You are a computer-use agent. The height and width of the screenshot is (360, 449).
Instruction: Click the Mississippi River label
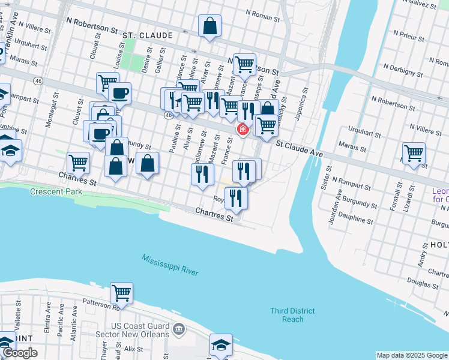click(170, 265)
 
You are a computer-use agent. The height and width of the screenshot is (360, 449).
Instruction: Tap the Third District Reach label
click(292, 315)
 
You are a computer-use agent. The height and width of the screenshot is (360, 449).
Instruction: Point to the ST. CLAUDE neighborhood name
click(148, 36)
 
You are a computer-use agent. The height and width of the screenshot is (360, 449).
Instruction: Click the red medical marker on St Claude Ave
click(243, 129)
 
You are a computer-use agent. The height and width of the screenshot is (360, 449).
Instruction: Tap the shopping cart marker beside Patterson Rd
click(122, 293)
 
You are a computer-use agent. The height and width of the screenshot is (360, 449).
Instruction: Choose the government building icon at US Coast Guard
click(178, 329)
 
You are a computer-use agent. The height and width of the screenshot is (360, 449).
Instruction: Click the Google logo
click(20, 353)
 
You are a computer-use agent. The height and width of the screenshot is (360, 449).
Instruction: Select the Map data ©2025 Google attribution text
click(411, 355)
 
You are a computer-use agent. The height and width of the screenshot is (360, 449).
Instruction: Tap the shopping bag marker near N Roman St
click(209, 26)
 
